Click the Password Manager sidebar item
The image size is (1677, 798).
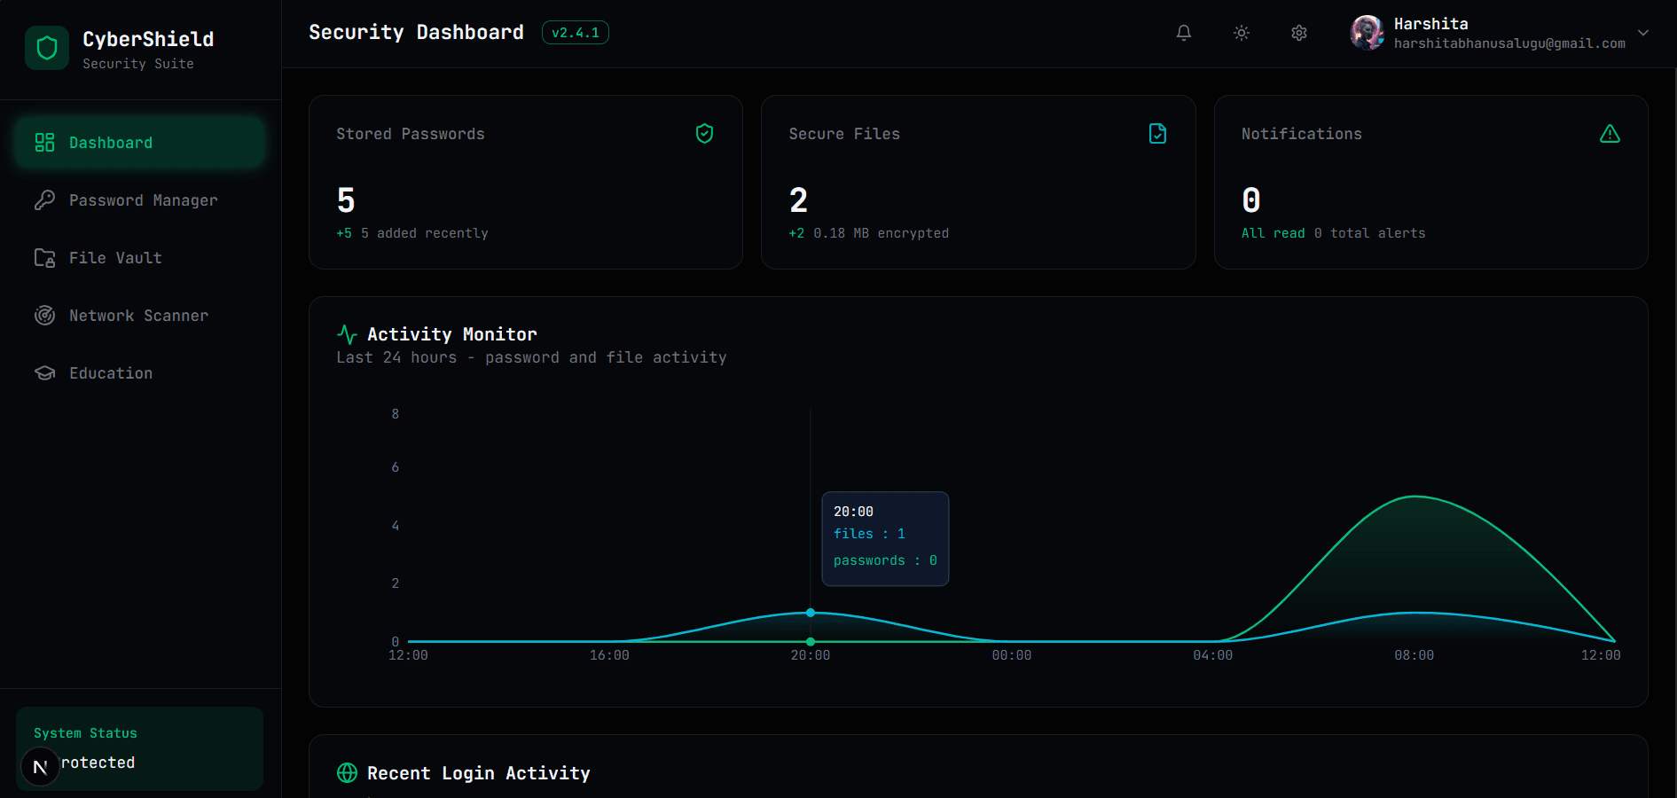142,200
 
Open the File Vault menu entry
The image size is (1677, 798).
115,258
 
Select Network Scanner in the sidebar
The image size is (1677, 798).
138,316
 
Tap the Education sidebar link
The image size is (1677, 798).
111,373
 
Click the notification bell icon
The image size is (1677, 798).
1183,33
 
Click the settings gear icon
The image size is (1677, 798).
1298,33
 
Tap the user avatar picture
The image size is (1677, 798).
1367,33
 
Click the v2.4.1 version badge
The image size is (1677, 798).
575,33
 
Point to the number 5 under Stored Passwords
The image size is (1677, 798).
346,200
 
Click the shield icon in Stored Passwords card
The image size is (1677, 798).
704,134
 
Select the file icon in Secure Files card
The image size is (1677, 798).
1157,134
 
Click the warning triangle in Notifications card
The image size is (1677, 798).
1610,134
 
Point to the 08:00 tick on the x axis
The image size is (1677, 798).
1414,655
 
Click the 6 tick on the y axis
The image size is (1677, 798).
396,467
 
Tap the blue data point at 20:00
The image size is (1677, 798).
811,613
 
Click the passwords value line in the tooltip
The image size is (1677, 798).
884,560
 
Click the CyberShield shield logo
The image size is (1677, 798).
47,48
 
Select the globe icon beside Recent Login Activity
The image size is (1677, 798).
347,773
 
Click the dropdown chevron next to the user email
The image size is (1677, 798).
1643,33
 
